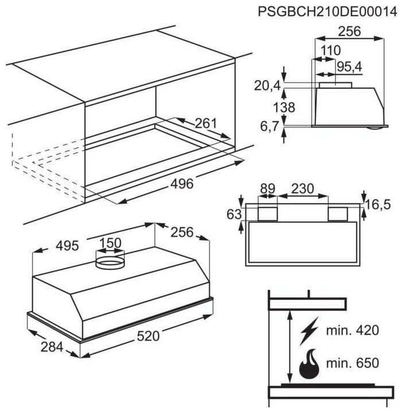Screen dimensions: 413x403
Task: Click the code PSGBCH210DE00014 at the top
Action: point(327,11)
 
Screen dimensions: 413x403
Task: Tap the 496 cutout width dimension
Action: point(182,184)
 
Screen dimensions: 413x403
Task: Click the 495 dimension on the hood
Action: point(67,246)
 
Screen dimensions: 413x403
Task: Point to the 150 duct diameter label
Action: point(110,243)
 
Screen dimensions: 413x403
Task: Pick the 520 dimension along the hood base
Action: point(148,337)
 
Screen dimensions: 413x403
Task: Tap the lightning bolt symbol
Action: point(310,330)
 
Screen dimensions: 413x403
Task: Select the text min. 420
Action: point(353,330)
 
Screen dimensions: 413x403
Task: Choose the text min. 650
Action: point(353,364)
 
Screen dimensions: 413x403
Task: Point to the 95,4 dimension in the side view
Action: point(349,67)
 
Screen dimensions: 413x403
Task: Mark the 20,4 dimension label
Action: point(267,86)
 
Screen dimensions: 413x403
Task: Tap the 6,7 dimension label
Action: point(269,127)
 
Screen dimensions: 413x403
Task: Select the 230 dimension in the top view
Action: point(303,188)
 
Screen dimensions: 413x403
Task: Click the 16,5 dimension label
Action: point(379,205)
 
